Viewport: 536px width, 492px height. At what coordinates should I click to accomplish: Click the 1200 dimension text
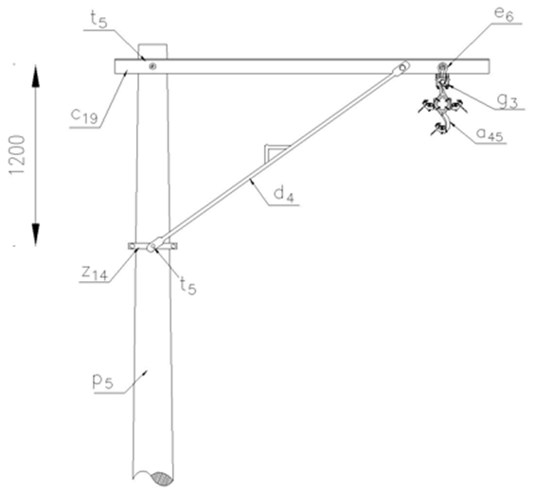coord(17,154)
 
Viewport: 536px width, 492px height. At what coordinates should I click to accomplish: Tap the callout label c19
coord(84,115)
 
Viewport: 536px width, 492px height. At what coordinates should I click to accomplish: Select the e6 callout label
coord(504,15)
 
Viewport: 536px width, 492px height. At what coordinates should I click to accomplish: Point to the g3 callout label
coord(508,102)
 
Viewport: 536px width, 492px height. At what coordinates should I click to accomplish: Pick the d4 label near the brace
coord(284,195)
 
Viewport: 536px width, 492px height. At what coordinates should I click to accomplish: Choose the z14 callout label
coord(95,272)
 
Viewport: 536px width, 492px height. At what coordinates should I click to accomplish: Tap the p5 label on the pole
coord(102,382)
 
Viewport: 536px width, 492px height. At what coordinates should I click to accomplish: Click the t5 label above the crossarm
coord(98,20)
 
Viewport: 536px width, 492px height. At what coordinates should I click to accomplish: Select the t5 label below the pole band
coord(188,286)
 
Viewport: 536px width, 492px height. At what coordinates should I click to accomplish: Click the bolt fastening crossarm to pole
coord(152,66)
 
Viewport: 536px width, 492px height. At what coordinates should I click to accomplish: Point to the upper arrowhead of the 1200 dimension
coord(36,76)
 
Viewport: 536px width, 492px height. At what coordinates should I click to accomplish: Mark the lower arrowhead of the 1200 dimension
coord(36,235)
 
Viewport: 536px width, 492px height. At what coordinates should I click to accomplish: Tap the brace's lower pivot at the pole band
coord(152,245)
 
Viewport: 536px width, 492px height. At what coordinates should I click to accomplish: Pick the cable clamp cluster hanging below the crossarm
coord(442,109)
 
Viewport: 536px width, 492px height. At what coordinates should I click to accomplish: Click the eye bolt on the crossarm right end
coord(443,66)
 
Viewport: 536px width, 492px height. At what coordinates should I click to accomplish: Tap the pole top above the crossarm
coord(152,51)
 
